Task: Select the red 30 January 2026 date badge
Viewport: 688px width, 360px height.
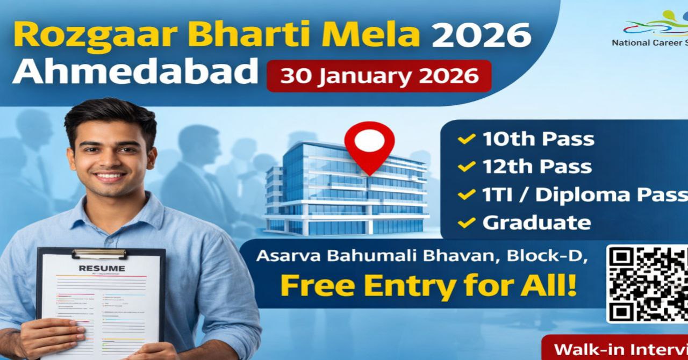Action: (379, 76)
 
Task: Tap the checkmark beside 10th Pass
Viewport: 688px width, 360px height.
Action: (465, 140)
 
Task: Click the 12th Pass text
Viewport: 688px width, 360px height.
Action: (537, 167)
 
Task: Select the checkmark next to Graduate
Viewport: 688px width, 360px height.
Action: (465, 222)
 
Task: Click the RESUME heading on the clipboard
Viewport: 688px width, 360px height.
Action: (102, 268)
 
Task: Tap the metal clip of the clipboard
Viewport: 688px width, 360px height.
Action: (99, 253)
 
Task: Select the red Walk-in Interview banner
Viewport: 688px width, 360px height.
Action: (615, 348)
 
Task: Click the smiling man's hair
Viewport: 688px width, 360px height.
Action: (110, 116)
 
